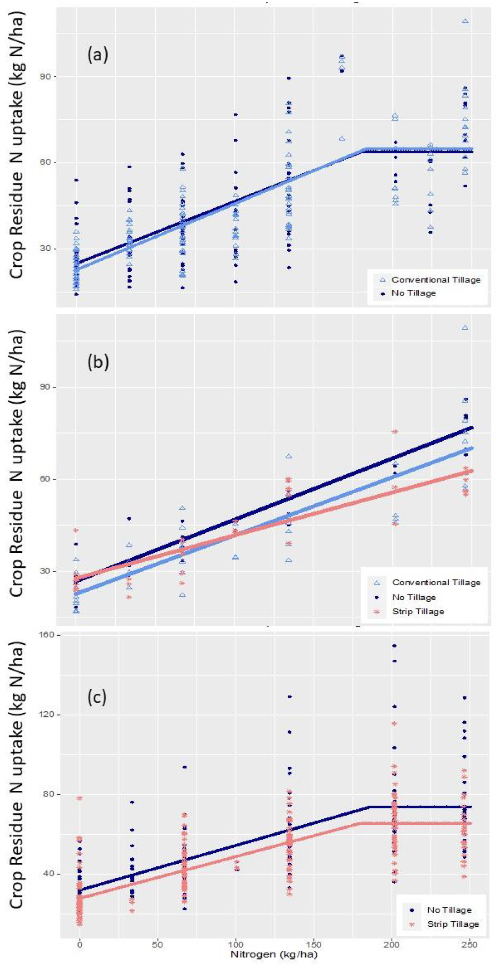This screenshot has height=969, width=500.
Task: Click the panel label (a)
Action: (x=98, y=55)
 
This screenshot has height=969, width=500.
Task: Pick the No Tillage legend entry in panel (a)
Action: (x=413, y=293)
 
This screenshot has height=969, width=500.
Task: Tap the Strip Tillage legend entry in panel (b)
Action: (x=418, y=611)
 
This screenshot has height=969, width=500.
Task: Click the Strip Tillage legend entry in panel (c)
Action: (x=453, y=924)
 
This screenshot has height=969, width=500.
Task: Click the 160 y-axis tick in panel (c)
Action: (x=47, y=635)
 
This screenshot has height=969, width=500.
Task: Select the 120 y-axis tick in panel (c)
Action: (x=47, y=714)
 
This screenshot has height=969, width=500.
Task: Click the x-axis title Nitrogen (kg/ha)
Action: (x=274, y=954)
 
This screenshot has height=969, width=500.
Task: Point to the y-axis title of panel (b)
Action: (x=17, y=463)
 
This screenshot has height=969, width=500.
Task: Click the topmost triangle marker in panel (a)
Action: (x=465, y=21)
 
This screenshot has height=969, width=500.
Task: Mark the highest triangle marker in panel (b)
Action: (x=465, y=328)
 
